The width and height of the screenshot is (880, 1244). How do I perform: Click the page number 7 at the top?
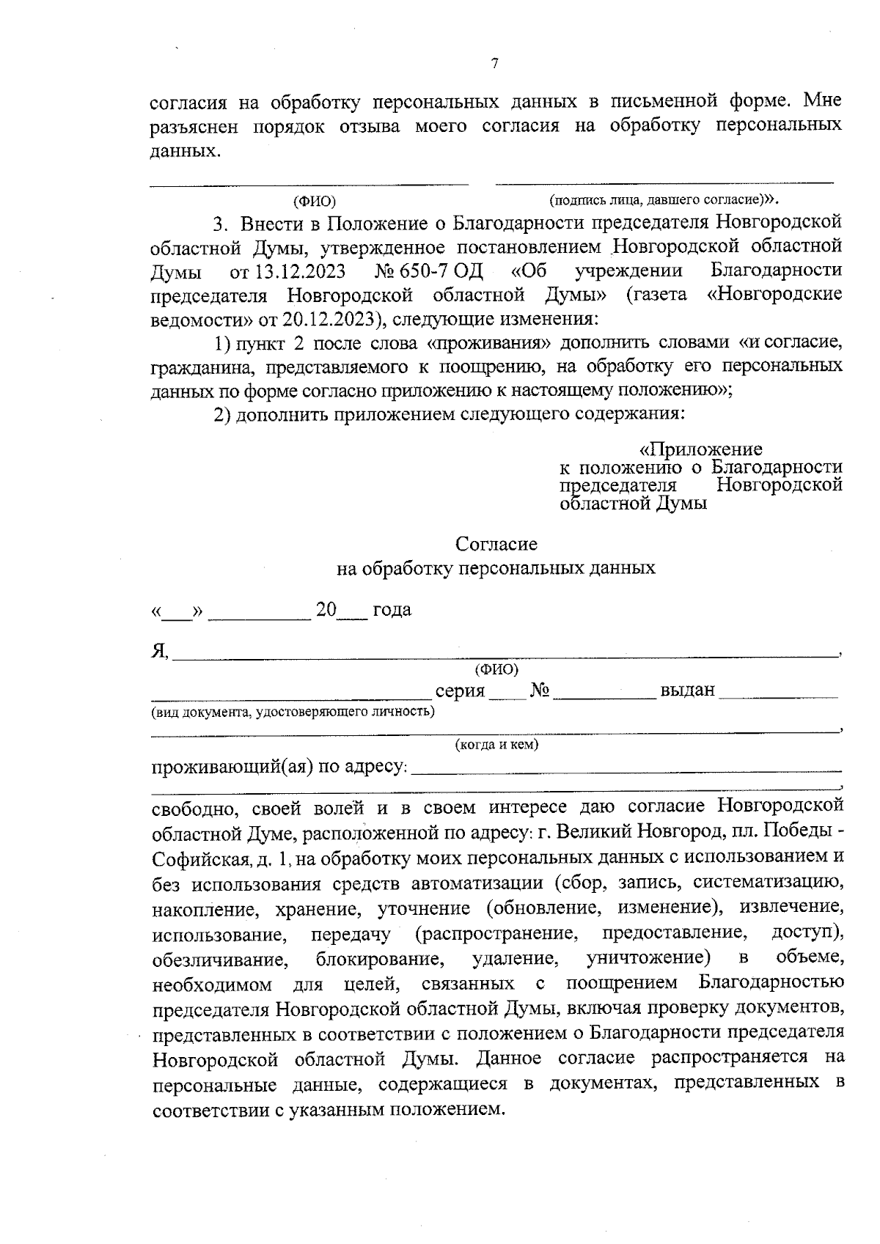click(x=494, y=65)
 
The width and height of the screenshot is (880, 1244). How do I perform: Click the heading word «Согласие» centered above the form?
click(x=496, y=544)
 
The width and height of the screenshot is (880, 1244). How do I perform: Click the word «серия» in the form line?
click(x=461, y=691)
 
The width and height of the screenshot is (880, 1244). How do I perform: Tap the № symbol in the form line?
click(x=540, y=691)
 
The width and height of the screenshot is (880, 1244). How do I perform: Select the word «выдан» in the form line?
click(x=687, y=691)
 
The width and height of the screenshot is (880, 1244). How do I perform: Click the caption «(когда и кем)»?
click(x=496, y=745)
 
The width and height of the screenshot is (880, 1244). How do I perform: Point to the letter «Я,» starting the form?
click(x=160, y=651)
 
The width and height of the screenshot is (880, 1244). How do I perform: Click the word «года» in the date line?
click(x=392, y=610)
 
